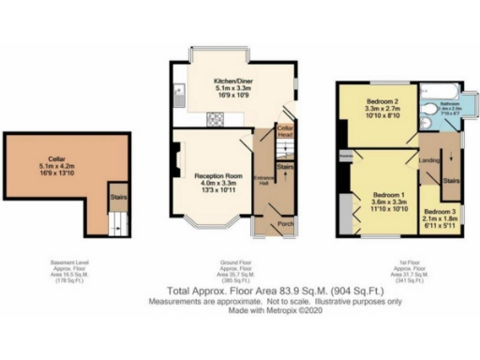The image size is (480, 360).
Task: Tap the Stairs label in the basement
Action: pos(117,198)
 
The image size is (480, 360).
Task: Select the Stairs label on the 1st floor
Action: pos(450,179)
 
